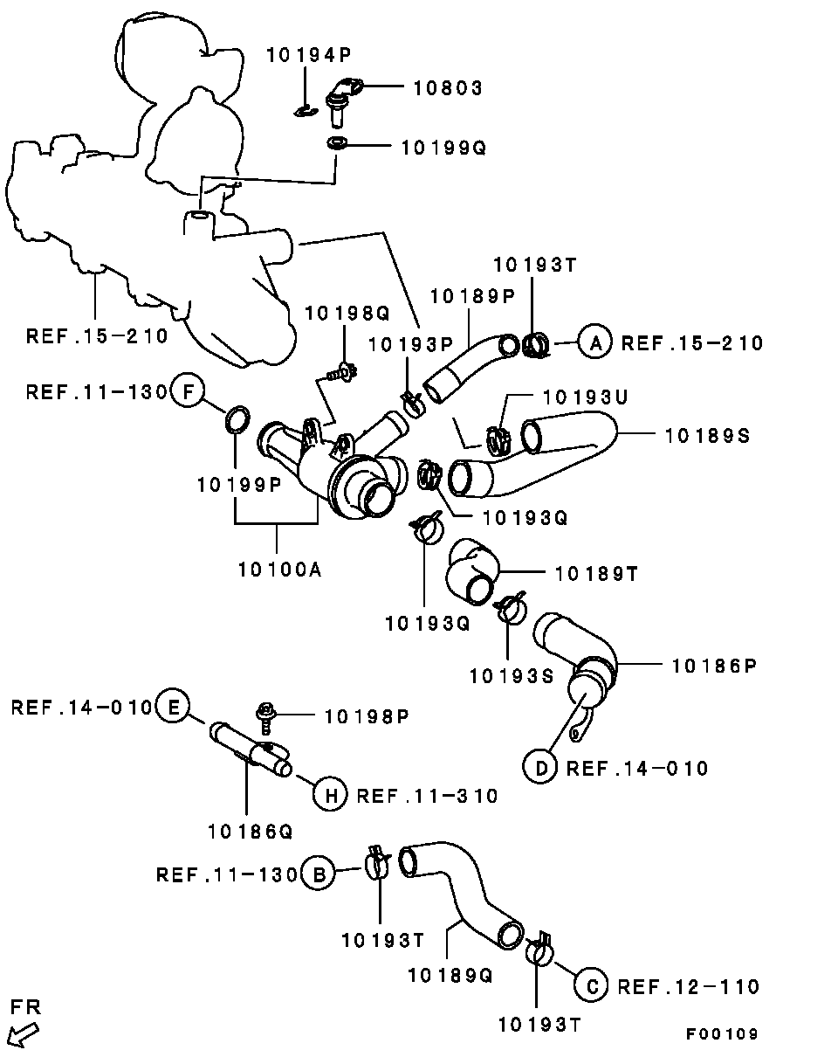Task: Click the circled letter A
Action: tap(595, 342)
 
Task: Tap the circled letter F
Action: tap(188, 390)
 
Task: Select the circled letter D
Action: tap(541, 768)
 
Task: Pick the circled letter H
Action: tap(331, 795)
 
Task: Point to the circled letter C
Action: tap(591, 986)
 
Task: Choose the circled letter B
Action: tap(319, 874)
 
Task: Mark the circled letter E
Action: tap(173, 707)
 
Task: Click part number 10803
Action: tap(448, 87)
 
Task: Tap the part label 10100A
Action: tap(279, 570)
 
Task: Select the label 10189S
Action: tap(707, 434)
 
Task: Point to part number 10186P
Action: tap(713, 666)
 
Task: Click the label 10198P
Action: tap(367, 716)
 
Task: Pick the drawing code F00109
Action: tap(721, 1034)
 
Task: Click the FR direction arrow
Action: tap(23, 1035)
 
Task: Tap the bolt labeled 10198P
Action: tap(264, 716)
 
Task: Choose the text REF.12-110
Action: tap(689, 986)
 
